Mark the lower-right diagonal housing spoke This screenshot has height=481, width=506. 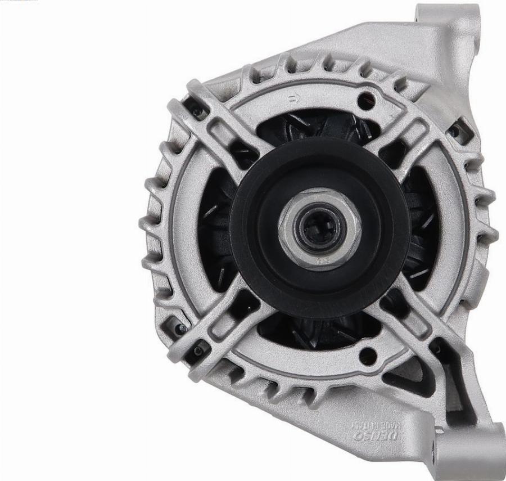tap(416, 326)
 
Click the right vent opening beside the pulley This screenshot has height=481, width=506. tap(422, 231)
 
